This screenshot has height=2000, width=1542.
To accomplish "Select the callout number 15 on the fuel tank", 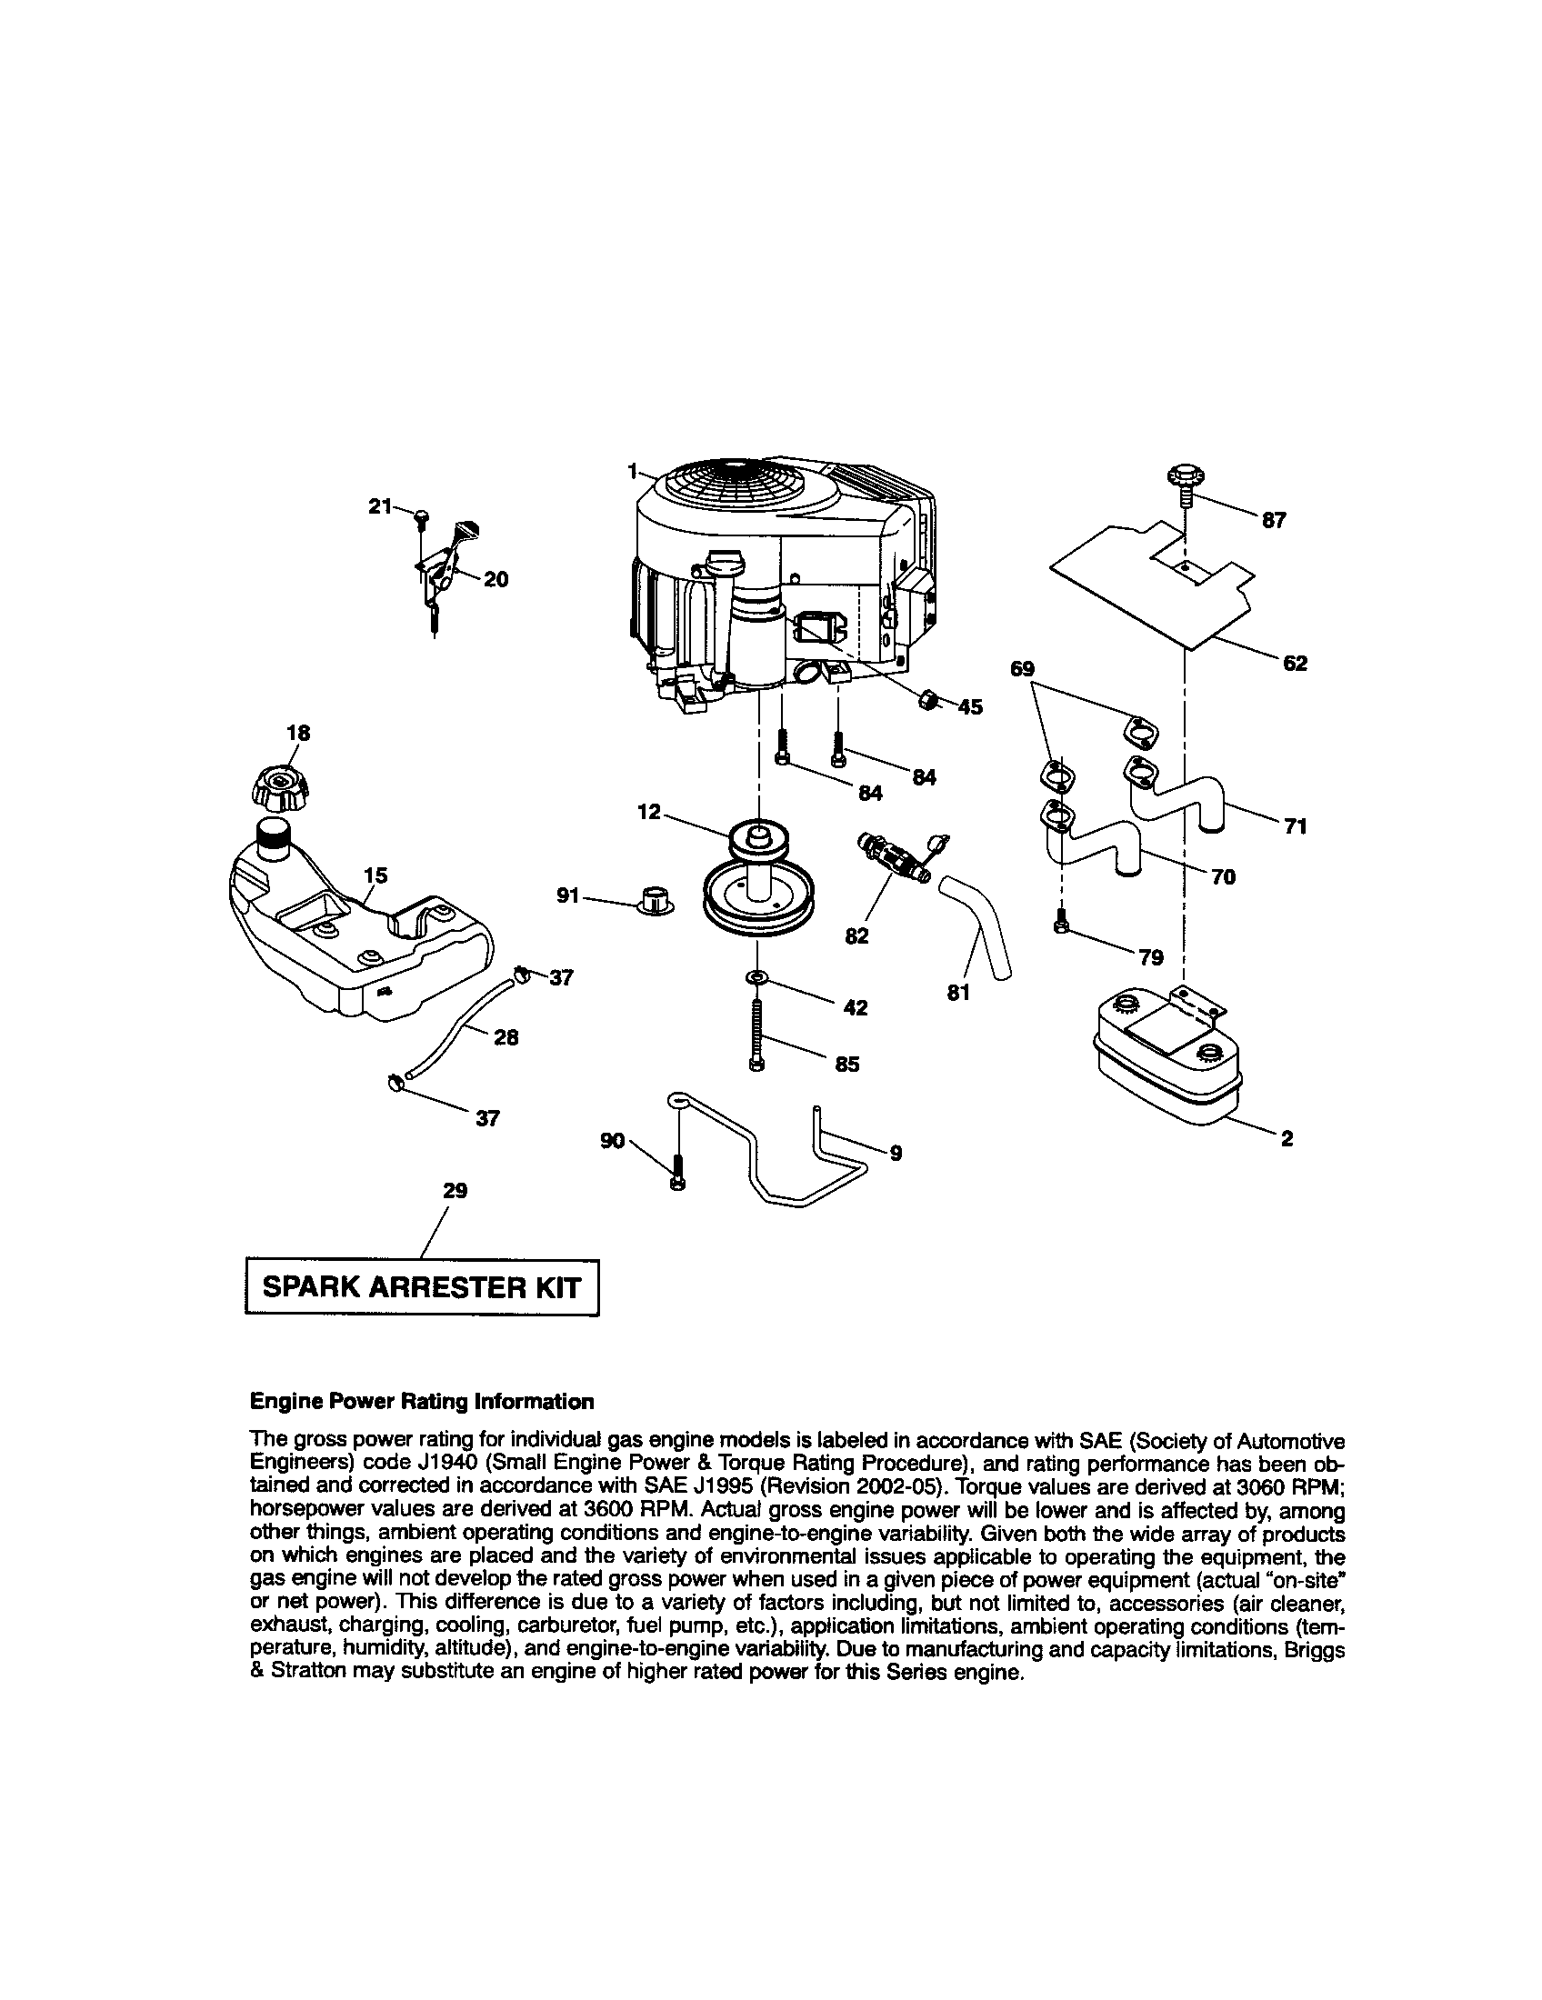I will [375, 876].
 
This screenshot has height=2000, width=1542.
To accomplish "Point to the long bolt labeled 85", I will [756, 1034].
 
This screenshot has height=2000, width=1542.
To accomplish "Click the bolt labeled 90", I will [676, 1170].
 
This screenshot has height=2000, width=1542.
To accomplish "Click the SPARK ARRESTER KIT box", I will [422, 1287].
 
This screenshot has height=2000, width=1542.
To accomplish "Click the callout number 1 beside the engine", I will [632, 471].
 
